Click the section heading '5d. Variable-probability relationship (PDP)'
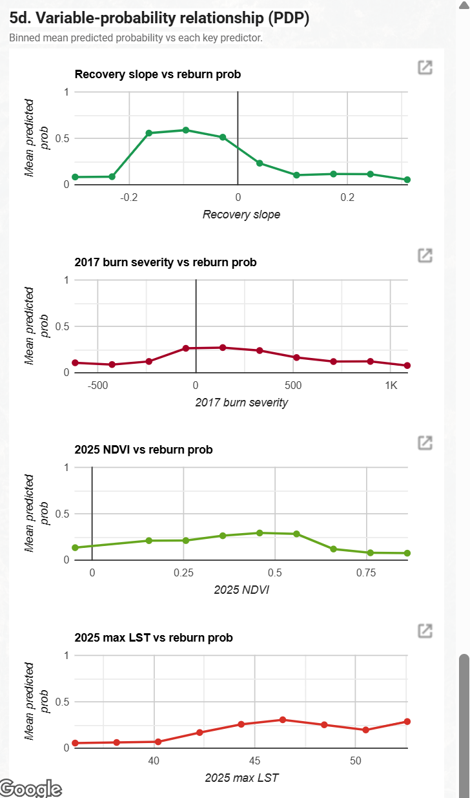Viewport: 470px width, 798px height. point(159,19)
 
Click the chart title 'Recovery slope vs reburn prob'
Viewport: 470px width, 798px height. point(158,74)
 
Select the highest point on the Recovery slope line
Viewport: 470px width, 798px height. point(186,130)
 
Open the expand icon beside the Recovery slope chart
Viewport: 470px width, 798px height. point(425,67)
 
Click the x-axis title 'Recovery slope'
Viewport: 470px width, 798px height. point(241,215)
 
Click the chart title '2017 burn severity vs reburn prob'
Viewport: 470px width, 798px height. point(165,262)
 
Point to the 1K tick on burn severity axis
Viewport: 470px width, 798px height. point(391,385)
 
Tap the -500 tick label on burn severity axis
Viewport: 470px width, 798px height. point(97,385)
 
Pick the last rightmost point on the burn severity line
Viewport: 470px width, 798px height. point(407,366)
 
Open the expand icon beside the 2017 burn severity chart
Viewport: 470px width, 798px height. point(425,255)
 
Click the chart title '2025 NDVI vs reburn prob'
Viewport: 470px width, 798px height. point(143,450)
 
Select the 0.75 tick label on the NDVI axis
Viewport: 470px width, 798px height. point(366,572)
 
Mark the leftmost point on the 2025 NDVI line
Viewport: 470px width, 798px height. point(76,548)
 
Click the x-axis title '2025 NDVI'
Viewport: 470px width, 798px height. point(241,589)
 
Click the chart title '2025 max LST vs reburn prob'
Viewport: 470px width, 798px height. point(154,638)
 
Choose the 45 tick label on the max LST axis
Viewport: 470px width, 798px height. point(254,761)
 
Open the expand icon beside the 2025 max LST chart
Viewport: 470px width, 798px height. point(425,631)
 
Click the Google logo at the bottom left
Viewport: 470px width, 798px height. point(31,788)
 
